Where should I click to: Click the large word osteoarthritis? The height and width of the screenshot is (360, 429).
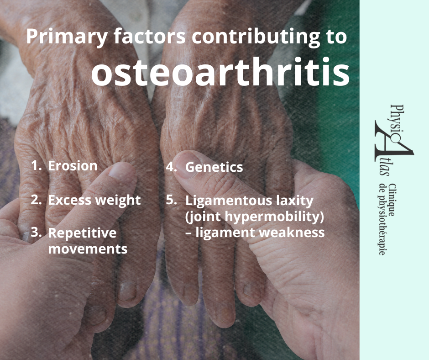220,72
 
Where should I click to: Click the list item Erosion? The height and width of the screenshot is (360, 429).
73,166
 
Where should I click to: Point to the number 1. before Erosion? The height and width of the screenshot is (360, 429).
37,165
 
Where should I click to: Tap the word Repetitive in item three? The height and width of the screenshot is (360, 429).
82,233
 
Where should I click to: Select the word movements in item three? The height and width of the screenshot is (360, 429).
88,249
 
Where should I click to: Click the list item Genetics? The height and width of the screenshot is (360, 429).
214,167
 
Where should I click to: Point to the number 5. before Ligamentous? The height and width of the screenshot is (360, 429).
172,200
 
